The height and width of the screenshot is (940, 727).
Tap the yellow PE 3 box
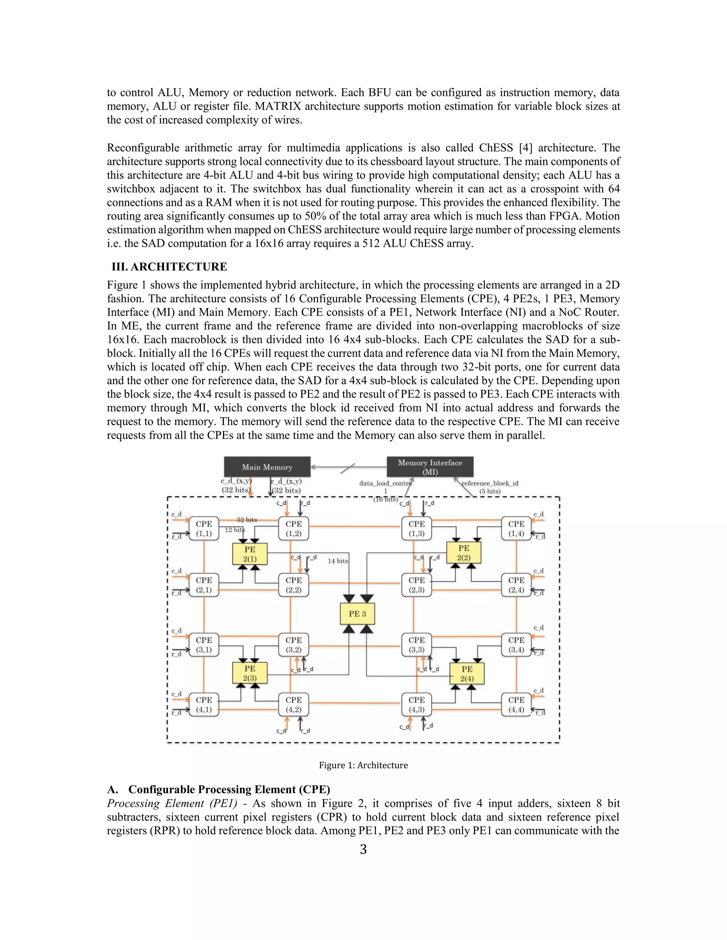(x=357, y=614)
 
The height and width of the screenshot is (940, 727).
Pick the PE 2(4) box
(x=467, y=674)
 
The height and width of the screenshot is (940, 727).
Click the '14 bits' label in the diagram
(x=338, y=561)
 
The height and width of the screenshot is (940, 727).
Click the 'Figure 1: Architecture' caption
(x=363, y=765)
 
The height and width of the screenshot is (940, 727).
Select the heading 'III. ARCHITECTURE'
(x=169, y=267)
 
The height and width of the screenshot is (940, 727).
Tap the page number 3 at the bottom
(x=363, y=849)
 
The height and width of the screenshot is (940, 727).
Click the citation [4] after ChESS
(x=525, y=148)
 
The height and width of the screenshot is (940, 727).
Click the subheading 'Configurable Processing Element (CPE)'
(x=229, y=789)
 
